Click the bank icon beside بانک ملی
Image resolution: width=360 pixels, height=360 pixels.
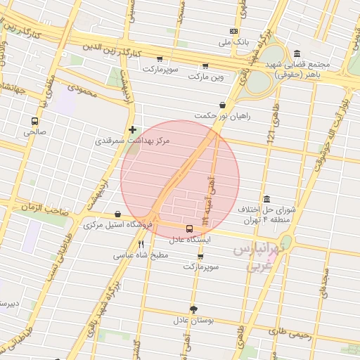(233, 32)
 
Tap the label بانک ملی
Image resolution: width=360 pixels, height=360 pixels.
(233, 42)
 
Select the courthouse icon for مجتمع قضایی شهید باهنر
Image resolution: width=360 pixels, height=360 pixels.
(297, 54)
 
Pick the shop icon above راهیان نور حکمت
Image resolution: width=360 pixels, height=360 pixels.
(223, 105)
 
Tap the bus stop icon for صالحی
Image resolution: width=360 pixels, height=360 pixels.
(34, 121)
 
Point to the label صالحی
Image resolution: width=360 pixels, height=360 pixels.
(34, 131)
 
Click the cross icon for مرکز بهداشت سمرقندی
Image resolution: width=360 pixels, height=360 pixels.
(132, 130)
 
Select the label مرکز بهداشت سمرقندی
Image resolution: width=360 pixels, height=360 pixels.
(132, 141)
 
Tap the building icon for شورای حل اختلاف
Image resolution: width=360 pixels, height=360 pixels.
(265, 199)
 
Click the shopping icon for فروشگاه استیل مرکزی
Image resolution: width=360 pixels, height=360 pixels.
(117, 214)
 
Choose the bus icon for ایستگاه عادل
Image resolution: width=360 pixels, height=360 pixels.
(188, 229)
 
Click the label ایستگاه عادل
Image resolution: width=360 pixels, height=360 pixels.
(188, 239)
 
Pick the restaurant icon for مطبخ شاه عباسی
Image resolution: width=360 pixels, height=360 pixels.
(141, 243)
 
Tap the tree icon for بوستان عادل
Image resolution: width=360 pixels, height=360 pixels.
(193, 309)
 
